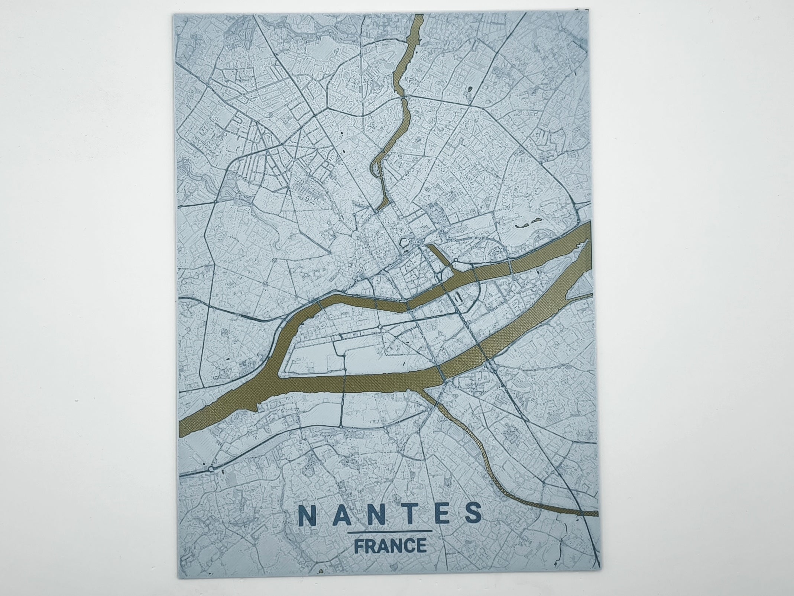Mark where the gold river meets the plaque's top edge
click(418, 16)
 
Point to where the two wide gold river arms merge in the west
click(277, 383)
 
